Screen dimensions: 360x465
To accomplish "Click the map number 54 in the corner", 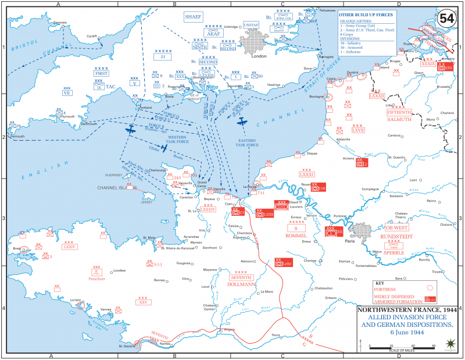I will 447,18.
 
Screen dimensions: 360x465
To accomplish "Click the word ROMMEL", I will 297,235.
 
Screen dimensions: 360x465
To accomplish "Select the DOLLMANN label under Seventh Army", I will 241,284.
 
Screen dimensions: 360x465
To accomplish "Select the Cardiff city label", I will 92,36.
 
